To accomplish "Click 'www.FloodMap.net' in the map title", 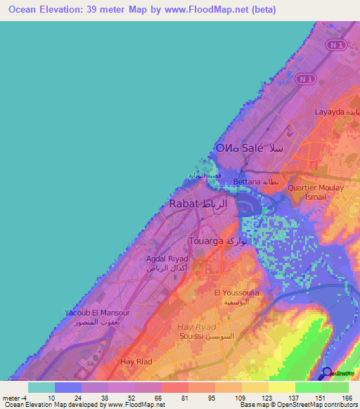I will tap(212, 10).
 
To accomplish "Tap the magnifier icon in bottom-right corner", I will tap(328, 373).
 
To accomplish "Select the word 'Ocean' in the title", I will tap(22, 10).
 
